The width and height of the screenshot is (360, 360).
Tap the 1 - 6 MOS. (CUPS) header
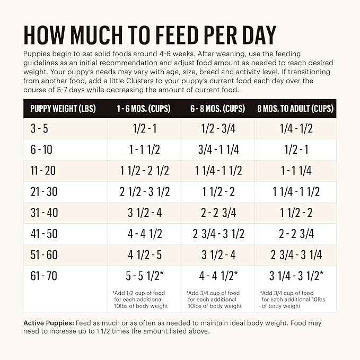pos(144,109)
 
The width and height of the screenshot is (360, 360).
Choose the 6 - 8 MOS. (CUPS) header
pos(218,109)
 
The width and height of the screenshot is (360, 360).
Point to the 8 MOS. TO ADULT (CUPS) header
pos(295,109)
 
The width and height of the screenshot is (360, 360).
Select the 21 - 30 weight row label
pos(42,192)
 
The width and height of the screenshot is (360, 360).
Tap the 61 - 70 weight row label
pos(42,276)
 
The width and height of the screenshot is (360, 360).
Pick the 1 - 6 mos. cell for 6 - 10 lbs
pos(144,150)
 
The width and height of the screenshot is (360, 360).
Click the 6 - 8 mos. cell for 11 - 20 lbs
pos(218,171)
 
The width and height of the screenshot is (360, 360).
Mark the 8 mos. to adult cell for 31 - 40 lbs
pos(295,213)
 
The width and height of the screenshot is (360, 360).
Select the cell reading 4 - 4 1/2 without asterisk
pos(144,234)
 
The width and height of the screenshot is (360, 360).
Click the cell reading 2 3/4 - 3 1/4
pos(295,254)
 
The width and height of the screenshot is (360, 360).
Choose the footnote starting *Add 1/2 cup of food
pos(140,300)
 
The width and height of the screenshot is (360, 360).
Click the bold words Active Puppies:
pos(49,323)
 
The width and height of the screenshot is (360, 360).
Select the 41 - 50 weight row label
pos(42,234)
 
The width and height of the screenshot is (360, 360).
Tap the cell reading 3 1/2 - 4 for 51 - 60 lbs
pos(218,254)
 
